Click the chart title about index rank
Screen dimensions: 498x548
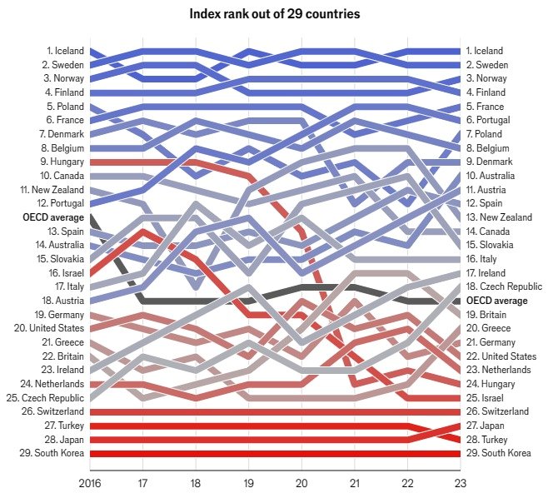274,14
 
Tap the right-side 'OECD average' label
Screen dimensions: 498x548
496,301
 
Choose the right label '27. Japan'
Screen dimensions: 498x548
489,426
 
